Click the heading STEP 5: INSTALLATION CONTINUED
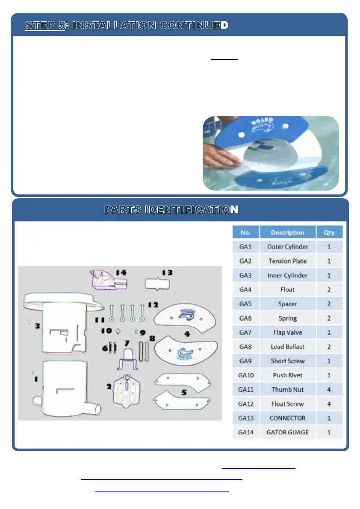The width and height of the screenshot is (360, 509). [x=127, y=26]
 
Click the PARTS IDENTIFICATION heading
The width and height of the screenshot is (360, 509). [x=171, y=210]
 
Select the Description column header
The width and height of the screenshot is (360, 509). [x=287, y=232]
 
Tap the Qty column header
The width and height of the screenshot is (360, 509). [x=329, y=232]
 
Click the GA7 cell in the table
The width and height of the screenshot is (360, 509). [x=245, y=332]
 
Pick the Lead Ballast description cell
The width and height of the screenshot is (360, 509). [x=287, y=347]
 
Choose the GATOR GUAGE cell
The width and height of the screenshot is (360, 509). [x=287, y=432]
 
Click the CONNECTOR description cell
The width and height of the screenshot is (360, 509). [x=287, y=418]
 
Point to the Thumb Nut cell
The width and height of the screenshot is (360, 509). [x=287, y=389]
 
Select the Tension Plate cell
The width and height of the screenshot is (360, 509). [x=287, y=261]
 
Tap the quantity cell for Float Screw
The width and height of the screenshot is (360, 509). [x=329, y=404]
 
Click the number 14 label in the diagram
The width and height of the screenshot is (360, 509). [x=121, y=273]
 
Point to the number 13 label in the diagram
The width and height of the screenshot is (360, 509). [x=167, y=273]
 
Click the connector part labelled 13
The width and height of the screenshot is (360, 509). [x=157, y=284]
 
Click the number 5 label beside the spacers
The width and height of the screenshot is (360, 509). [x=184, y=392]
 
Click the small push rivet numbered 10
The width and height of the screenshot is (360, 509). [x=118, y=331]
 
